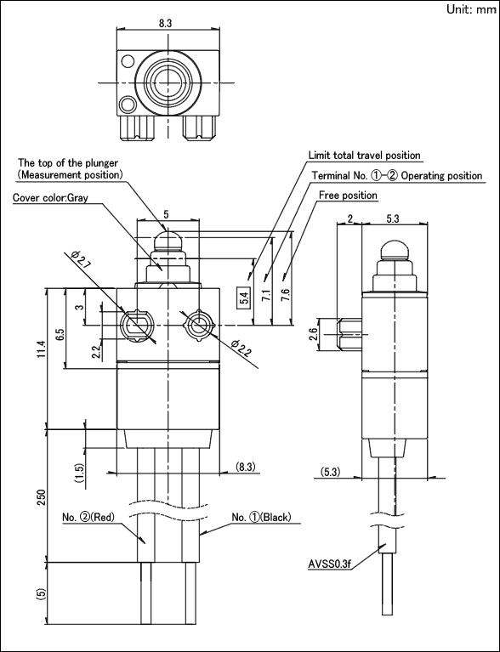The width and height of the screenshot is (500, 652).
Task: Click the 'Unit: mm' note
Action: pyautogui.click(x=471, y=9)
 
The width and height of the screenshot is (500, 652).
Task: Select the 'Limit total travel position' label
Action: pyautogui.click(x=365, y=156)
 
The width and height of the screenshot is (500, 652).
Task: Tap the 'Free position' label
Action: pyautogui.click(x=348, y=195)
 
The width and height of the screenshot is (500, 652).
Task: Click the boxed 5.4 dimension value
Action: pyautogui.click(x=244, y=298)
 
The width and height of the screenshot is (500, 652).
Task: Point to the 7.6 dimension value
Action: pyautogui.click(x=286, y=296)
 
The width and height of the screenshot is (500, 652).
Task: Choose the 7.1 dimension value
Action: pyautogui.click(x=267, y=296)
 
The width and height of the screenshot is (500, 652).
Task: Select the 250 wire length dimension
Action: pyautogui.click(x=42, y=497)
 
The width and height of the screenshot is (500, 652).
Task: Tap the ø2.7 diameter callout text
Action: pyautogui.click(x=80, y=259)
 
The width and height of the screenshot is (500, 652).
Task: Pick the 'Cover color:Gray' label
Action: pyautogui.click(x=50, y=197)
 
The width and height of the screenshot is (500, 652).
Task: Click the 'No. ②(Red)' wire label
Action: pyautogui.click(x=88, y=518)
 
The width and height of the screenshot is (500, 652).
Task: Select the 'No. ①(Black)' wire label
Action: pyautogui.click(x=261, y=517)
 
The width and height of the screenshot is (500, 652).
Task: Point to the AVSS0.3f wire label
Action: pyautogui.click(x=329, y=564)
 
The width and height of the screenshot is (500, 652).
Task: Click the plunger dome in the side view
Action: pyautogui.click(x=394, y=250)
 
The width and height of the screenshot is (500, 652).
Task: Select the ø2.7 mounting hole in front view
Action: pyautogui.click(x=137, y=326)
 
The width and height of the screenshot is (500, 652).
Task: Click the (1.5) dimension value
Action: pyautogui.click(x=80, y=473)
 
